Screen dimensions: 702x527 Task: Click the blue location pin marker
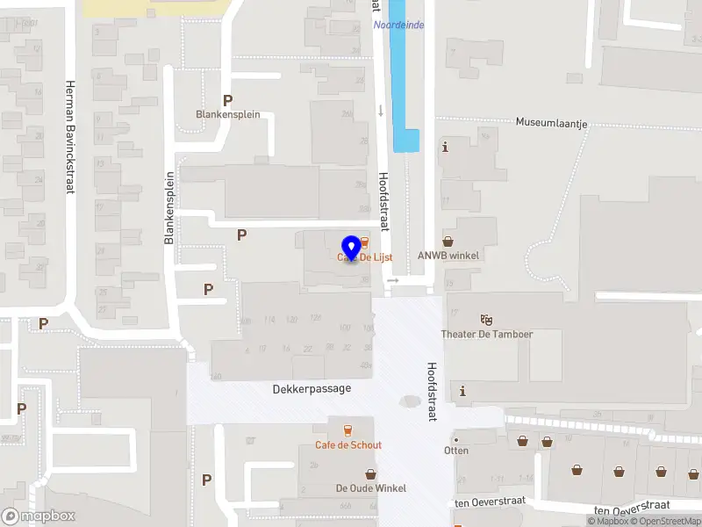click(x=351, y=248)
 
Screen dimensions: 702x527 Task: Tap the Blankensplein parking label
click(x=227, y=114)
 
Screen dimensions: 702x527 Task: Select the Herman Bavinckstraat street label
click(x=68, y=136)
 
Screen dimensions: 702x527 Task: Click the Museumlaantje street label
click(x=551, y=122)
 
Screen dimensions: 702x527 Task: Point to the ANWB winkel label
click(x=448, y=256)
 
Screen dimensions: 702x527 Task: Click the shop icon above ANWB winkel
click(x=448, y=241)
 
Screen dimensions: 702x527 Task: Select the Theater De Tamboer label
click(x=487, y=334)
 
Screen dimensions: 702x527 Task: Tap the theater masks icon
click(x=487, y=320)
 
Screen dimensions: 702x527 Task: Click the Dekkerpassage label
click(x=312, y=388)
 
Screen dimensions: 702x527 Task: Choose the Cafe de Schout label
click(x=348, y=444)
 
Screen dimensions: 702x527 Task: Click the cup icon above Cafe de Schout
click(x=348, y=430)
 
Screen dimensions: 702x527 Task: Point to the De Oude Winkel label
click(x=370, y=488)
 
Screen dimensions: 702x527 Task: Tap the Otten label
click(x=456, y=451)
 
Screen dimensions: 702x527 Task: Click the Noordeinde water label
click(x=398, y=25)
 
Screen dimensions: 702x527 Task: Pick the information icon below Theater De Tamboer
click(x=462, y=391)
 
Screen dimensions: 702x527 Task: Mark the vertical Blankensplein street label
click(x=170, y=207)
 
